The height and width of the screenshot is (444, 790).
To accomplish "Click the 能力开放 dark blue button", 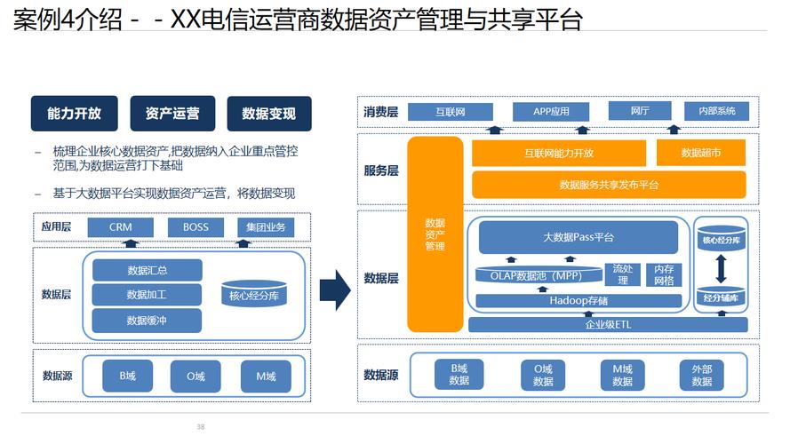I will pos(74,114).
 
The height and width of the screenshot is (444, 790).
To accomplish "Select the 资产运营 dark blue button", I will pos(172,114).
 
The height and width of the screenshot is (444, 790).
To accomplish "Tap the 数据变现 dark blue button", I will pos(268,114).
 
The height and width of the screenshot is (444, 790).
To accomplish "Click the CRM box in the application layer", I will pos(121,227).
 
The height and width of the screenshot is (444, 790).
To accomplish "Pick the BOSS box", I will pos(196,227).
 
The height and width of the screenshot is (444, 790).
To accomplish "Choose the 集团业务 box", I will pos(266,227).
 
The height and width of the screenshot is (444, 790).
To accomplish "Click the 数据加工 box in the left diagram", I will pos(147,295).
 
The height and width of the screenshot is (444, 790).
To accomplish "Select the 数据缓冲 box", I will pos(147,320).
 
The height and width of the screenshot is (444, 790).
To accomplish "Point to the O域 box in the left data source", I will pos(196,377).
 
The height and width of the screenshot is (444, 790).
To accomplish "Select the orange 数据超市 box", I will pos(700,153).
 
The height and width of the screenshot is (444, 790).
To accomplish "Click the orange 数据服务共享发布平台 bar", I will pos(609,185).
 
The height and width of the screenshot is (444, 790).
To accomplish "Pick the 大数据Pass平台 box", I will pos(578,238).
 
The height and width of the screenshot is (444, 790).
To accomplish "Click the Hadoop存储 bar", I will pos(578,300).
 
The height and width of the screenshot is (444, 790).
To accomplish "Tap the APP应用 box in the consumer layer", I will pos(551,112).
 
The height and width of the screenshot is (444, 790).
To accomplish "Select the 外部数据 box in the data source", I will pos(701,375).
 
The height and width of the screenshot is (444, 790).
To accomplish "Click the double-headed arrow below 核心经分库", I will pos(721,267).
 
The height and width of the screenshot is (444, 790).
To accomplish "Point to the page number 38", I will pos(201,427).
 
